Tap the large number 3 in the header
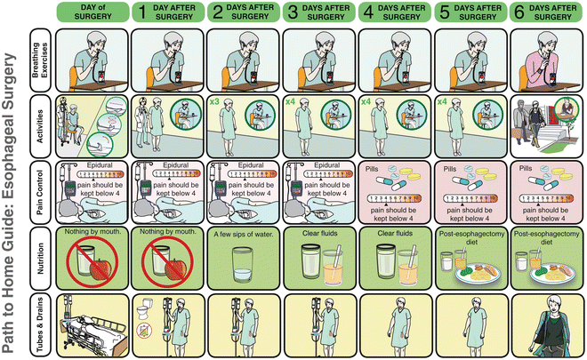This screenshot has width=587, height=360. [x=293, y=12]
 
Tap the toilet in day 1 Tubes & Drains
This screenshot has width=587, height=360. [x=145, y=311]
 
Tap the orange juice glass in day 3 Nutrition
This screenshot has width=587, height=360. [x=333, y=264]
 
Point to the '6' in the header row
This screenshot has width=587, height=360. [x=518, y=12]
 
